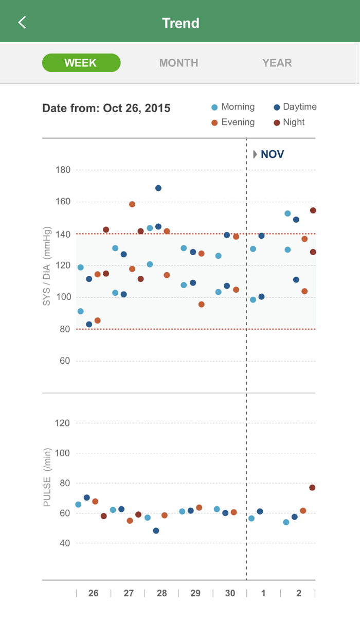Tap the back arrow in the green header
22,22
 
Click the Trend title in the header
181,23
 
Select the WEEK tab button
81,63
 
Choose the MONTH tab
178,63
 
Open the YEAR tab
277,63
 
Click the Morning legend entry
233,107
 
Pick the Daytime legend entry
295,107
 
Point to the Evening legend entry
233,122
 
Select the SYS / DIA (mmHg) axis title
47,266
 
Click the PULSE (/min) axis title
47,477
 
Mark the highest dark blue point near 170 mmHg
158,188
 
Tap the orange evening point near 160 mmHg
132,204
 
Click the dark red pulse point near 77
312,488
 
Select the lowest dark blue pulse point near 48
156,530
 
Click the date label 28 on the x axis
161,593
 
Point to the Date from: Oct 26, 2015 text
106,109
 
